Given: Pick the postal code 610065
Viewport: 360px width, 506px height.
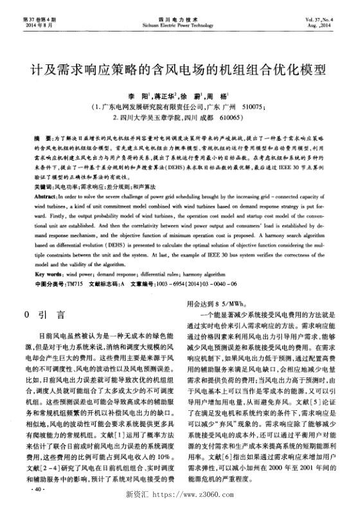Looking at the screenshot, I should (235, 118).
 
